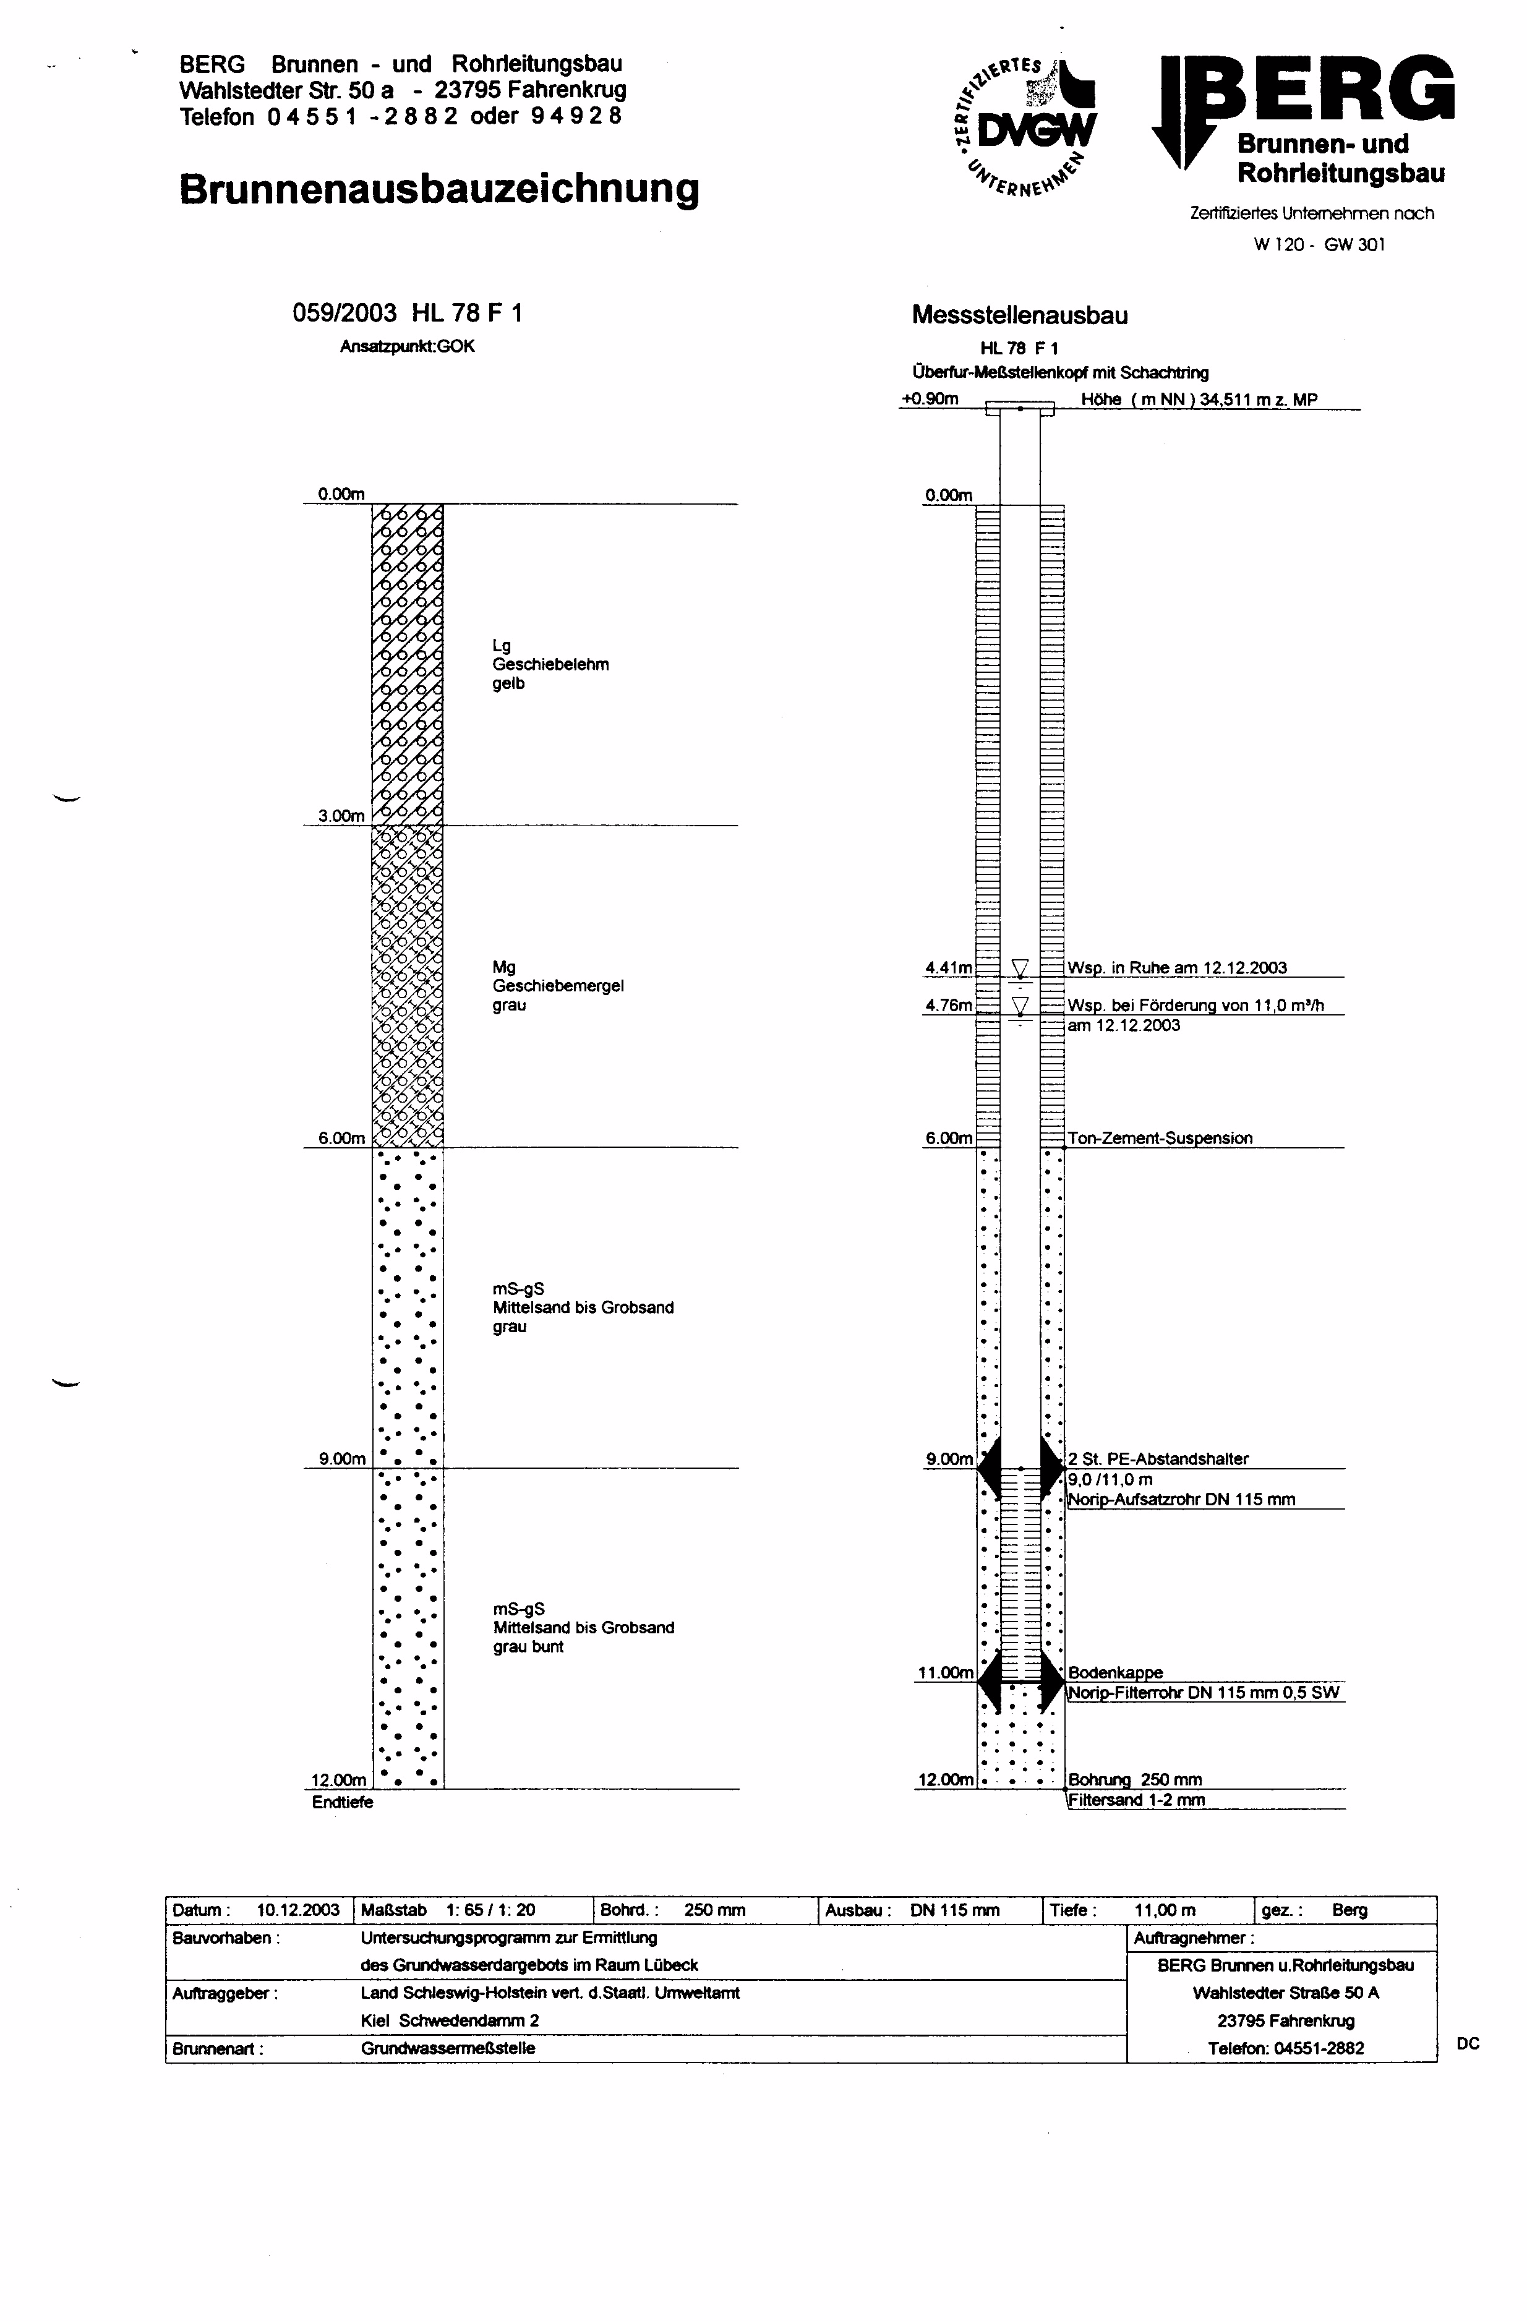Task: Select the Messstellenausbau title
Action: tap(1019, 315)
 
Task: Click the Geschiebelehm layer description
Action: tap(550, 664)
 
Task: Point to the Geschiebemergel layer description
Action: tap(557, 985)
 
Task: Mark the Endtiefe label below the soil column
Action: tap(342, 1802)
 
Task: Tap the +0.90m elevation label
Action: tap(930, 399)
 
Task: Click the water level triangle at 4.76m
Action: tap(1020, 1004)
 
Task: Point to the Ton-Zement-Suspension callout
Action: tap(1160, 1138)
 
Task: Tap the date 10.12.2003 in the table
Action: tap(298, 1910)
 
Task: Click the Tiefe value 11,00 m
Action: tap(1164, 1910)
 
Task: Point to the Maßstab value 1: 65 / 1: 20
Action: tap(490, 1910)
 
